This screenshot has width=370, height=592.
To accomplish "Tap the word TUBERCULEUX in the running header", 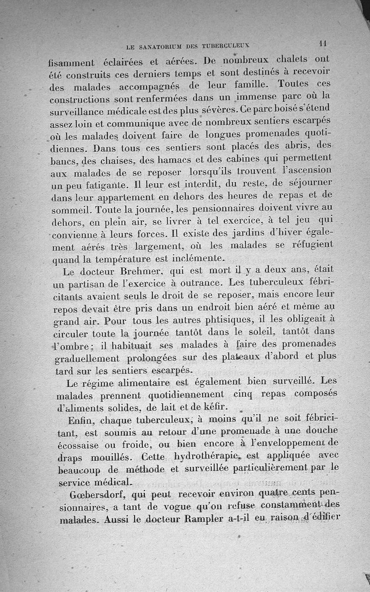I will tap(226, 46).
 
